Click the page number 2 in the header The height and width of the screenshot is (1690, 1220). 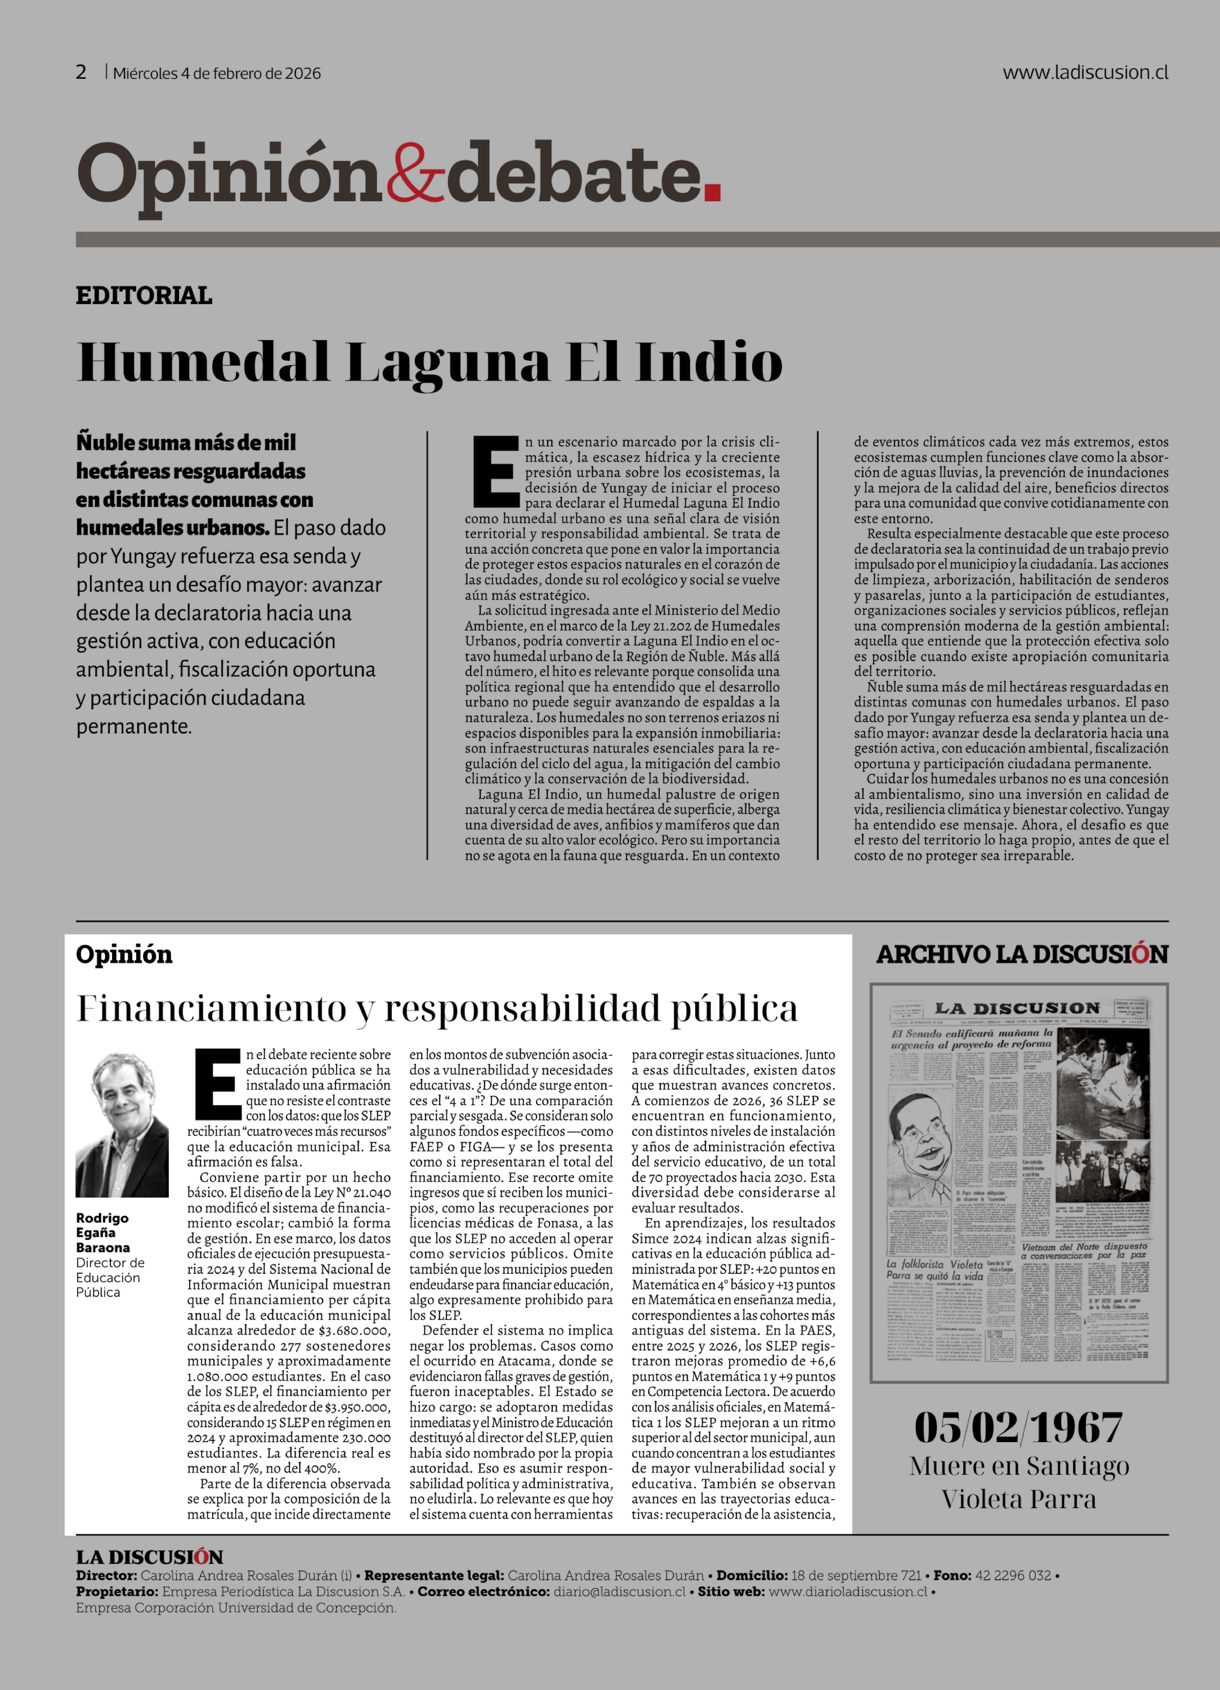(x=81, y=72)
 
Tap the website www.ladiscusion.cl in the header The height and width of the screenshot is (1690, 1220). (x=1085, y=72)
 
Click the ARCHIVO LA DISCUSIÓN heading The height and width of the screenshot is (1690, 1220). (x=1022, y=955)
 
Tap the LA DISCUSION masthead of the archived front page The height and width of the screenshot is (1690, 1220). (x=1017, y=1008)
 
